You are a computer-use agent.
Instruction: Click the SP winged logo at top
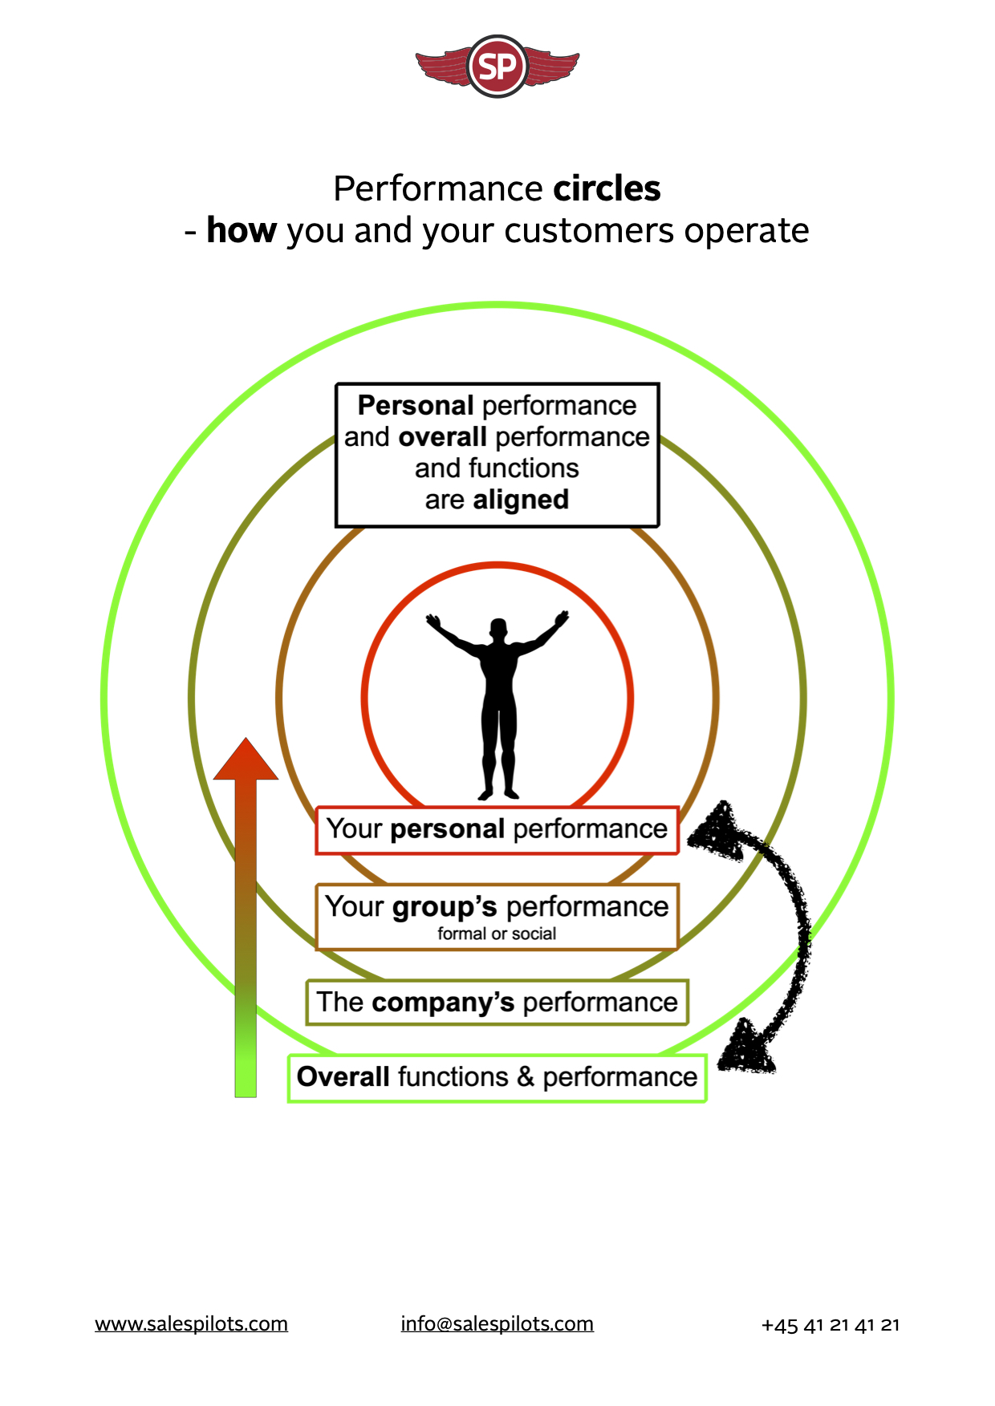coord(497,67)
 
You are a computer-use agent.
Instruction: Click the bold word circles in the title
coord(607,189)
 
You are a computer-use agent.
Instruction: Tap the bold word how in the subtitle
coord(241,231)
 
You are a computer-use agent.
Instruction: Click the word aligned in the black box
coord(521,500)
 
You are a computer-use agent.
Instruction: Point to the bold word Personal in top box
coord(416,406)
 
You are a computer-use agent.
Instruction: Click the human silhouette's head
coord(498,629)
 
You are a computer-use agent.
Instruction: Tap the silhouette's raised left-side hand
coord(434,622)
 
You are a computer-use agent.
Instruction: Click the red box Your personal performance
coord(497,829)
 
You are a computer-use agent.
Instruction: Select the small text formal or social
coord(497,934)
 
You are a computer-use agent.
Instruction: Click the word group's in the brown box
coord(445,907)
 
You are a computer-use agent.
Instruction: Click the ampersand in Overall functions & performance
coord(526,1076)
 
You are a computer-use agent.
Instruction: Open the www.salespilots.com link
coord(191,1323)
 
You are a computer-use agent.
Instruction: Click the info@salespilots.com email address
coord(497,1323)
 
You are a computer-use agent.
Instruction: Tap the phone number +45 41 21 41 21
coord(830,1325)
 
